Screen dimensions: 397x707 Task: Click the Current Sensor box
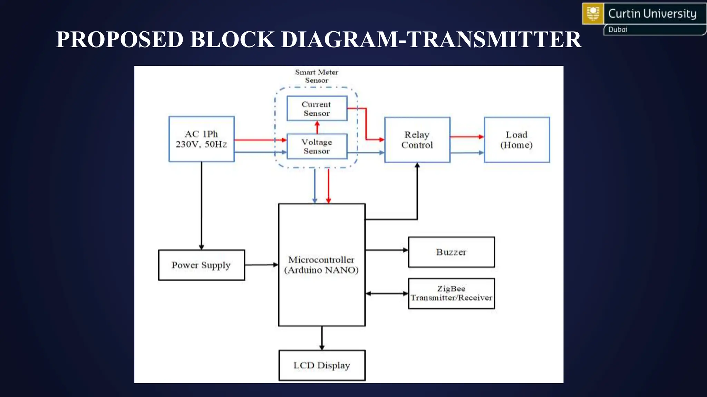[317, 109]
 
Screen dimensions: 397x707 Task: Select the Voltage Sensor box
[317, 146]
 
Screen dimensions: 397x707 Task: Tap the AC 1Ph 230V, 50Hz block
[201, 139]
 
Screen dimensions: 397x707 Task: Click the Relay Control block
[417, 140]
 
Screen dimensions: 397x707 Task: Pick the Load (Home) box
[516, 140]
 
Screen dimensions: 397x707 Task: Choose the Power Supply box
[201, 265]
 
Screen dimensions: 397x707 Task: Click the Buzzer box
[451, 252]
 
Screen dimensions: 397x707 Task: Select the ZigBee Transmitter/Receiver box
[451, 293]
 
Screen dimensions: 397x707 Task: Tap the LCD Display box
[322, 365]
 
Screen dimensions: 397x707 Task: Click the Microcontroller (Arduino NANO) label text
[321, 265]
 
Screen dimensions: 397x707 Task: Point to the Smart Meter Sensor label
[317, 76]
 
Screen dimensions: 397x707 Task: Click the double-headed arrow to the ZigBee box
[387, 294]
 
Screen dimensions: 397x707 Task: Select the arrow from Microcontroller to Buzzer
[387, 250]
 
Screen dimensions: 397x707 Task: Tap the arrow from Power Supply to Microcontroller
[261, 265]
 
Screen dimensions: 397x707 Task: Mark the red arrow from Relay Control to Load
[467, 137]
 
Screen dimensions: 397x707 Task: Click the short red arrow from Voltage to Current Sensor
[318, 128]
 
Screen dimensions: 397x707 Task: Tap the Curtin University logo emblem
[593, 14]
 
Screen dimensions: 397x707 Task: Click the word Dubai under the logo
[618, 30]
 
